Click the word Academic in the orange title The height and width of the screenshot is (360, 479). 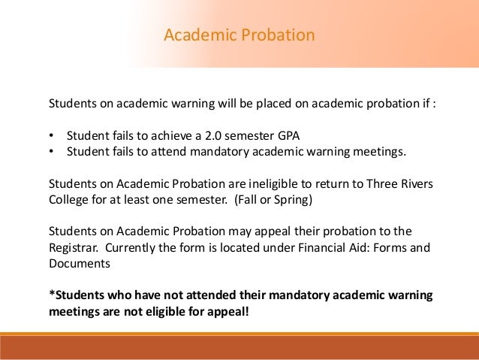pyautogui.click(x=195, y=35)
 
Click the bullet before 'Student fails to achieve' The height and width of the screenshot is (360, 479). pyautogui.click(x=51, y=137)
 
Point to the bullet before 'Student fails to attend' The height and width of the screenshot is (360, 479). pyautogui.click(x=51, y=153)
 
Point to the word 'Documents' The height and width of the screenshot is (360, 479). pyautogui.click(x=79, y=263)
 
